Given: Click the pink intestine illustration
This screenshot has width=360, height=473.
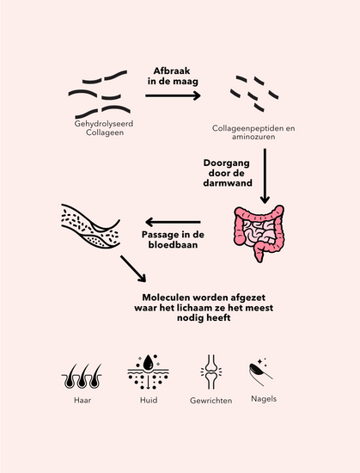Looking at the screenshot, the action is (x=259, y=233).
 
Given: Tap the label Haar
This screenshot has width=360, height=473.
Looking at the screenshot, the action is (x=82, y=400).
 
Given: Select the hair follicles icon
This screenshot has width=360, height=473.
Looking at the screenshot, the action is (x=82, y=376).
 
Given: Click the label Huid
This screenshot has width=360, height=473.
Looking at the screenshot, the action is (x=149, y=400).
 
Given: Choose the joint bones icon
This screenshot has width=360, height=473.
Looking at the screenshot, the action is (x=211, y=372).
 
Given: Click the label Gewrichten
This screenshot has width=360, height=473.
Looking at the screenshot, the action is (x=211, y=401).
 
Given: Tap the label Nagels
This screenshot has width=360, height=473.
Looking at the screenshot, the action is (x=264, y=399).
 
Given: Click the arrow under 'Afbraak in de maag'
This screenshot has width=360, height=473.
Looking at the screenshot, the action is (x=173, y=95).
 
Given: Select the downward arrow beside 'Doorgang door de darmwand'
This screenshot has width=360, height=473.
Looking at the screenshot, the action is (x=265, y=175).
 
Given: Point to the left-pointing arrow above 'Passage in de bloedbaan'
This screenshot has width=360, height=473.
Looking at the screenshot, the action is (x=173, y=223).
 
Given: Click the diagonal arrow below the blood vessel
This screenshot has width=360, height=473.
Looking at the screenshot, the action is (x=133, y=269).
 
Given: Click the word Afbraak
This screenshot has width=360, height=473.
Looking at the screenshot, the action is (x=172, y=71).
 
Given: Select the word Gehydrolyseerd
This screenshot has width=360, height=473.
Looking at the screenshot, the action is (x=104, y=124).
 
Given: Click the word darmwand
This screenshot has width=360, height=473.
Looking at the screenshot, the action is (x=228, y=183).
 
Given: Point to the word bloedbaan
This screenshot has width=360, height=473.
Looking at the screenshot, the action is (x=173, y=244).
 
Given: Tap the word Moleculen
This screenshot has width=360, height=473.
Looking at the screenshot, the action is (x=166, y=298).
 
